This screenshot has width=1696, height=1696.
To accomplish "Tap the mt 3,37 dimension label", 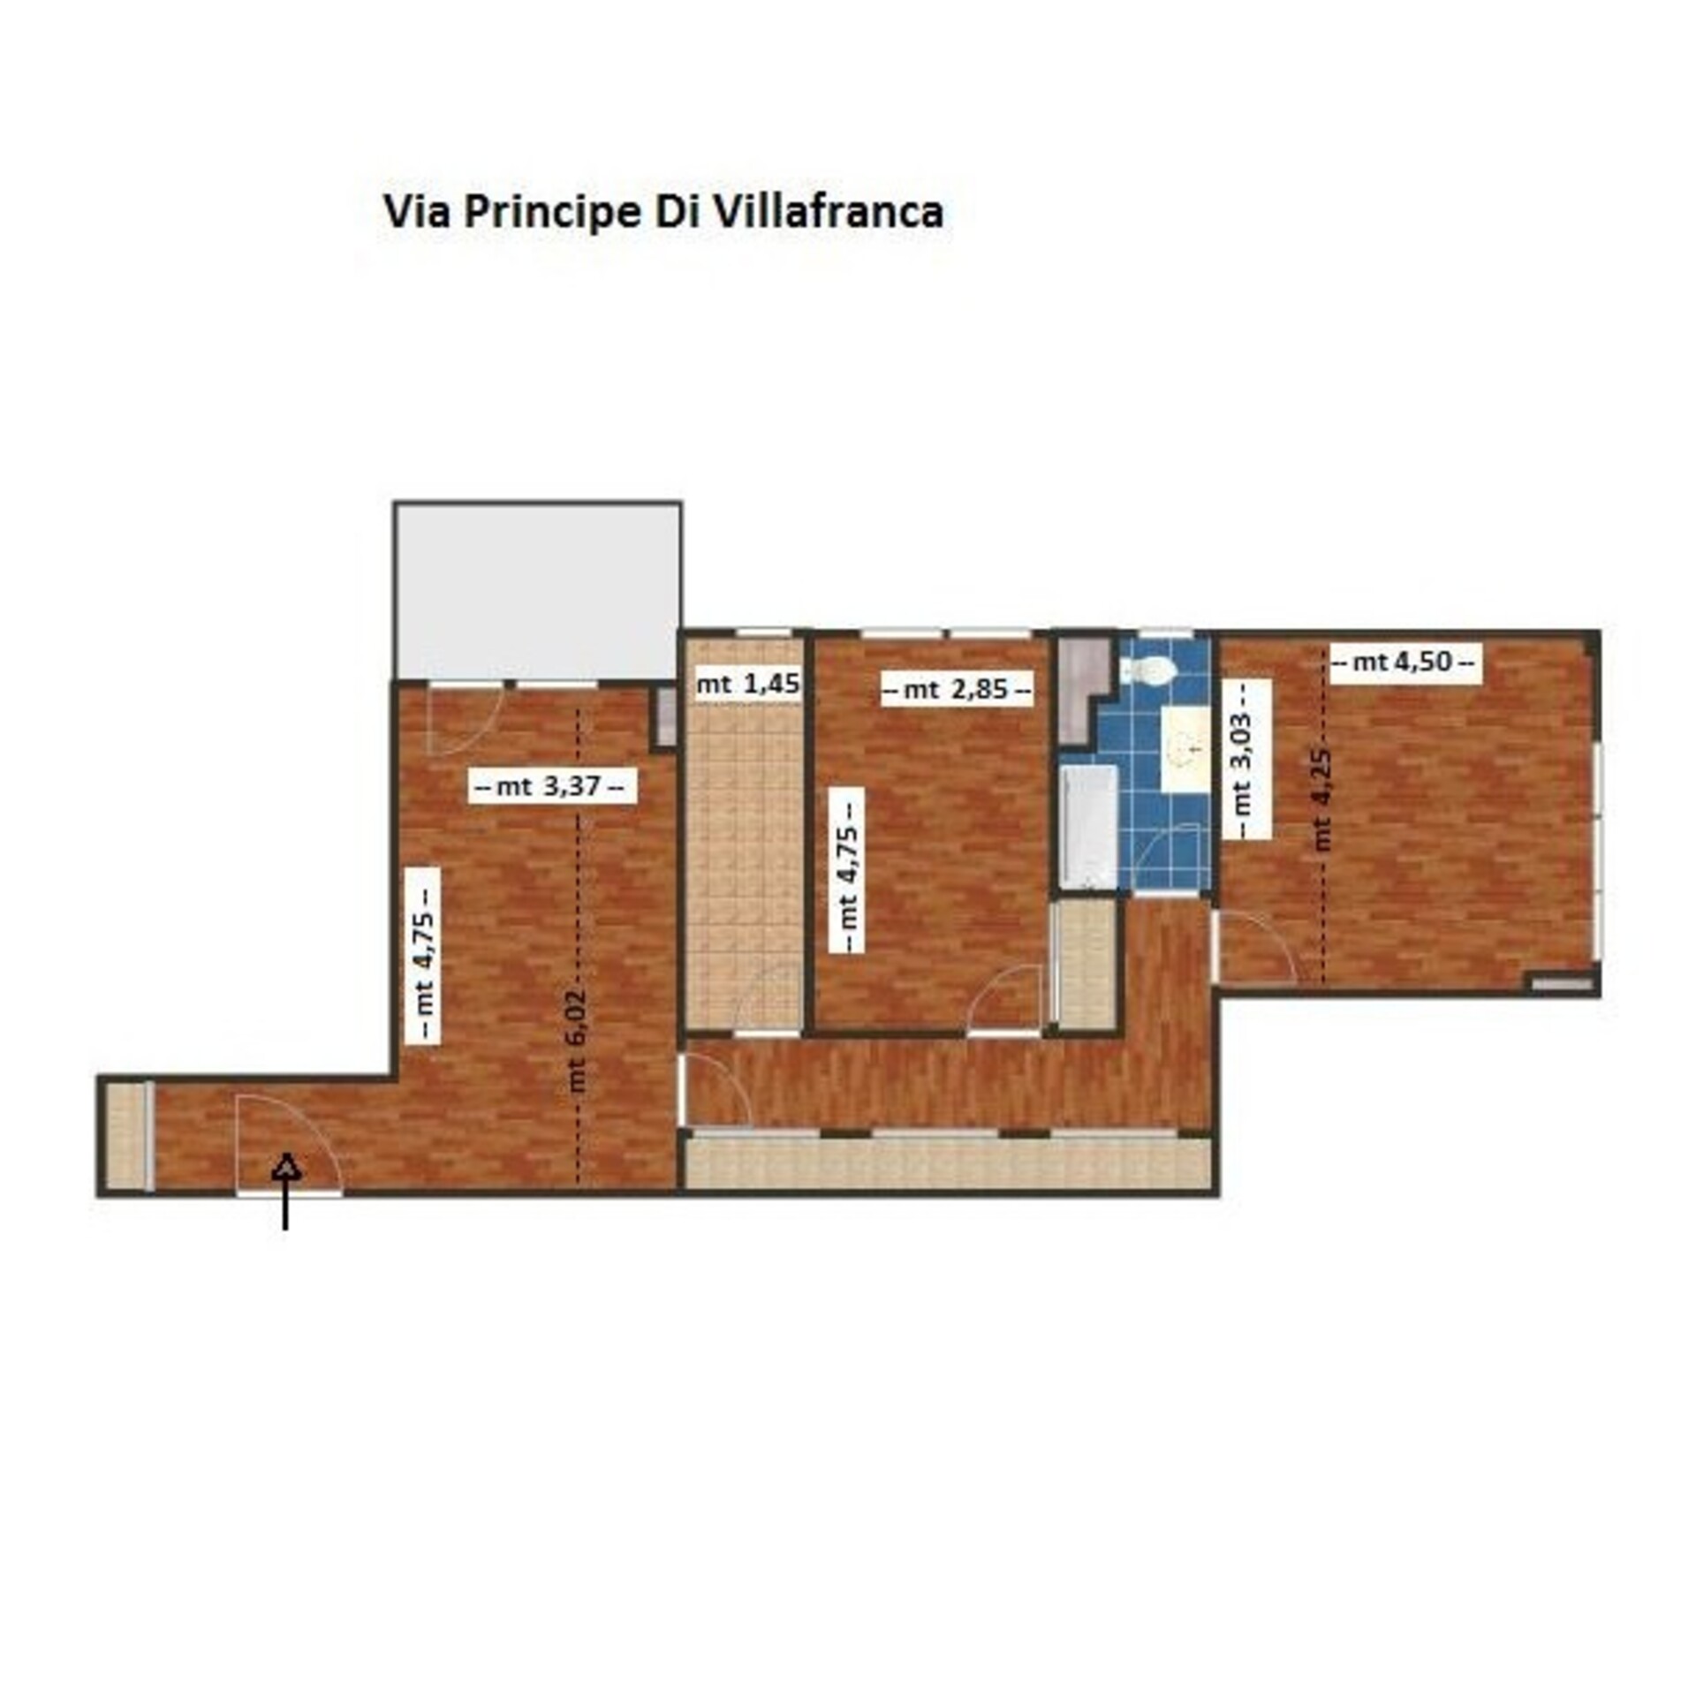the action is [x=551, y=785].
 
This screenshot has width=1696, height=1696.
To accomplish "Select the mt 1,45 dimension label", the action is [x=747, y=684].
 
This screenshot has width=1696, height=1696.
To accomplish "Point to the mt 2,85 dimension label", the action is [x=957, y=688].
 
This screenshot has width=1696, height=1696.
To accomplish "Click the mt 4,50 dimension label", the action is [x=1404, y=662].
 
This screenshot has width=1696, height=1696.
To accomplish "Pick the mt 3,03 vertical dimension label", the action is [x=1245, y=759].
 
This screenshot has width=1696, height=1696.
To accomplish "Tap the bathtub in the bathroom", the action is [x=1088, y=826].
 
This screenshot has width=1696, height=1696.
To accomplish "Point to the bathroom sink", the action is [x=1185, y=748].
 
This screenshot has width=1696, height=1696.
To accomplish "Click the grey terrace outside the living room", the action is [x=538, y=591].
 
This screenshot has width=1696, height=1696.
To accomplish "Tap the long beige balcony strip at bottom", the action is [x=948, y=1162].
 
